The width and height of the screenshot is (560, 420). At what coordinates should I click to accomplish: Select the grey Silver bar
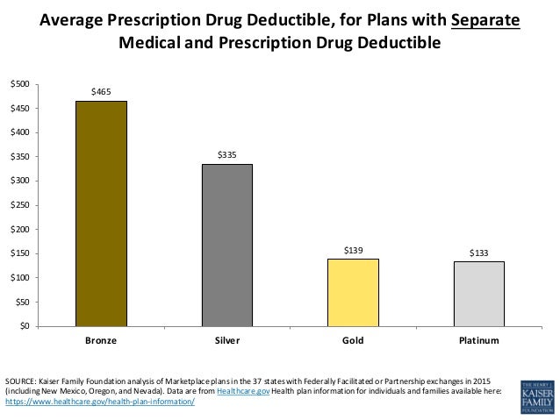click(227, 245)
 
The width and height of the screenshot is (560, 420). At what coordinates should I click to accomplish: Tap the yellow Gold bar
click(353, 292)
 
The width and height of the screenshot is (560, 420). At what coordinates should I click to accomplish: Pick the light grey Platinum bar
click(478, 294)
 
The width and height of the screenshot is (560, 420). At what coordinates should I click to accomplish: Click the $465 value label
click(101, 90)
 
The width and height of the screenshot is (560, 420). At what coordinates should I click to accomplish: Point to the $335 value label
click(227, 153)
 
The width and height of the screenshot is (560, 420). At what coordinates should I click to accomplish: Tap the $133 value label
click(478, 252)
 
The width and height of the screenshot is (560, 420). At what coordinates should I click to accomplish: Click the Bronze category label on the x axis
click(101, 339)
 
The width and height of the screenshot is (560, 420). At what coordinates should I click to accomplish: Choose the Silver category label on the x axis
click(227, 339)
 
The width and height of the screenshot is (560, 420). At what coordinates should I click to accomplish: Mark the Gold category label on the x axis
click(353, 339)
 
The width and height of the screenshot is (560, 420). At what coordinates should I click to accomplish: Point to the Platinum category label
click(478, 339)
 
